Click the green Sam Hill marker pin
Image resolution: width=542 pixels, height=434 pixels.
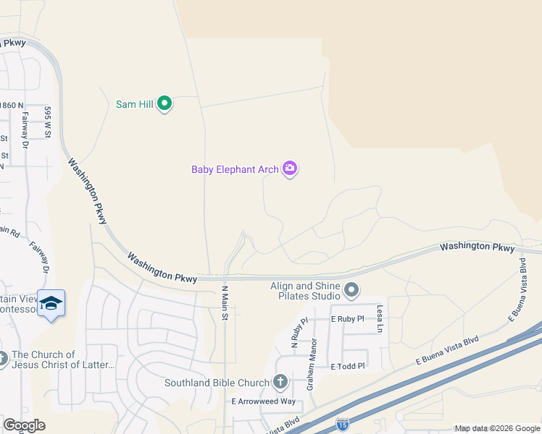(164, 104)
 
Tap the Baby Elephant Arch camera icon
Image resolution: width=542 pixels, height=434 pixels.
(290, 169)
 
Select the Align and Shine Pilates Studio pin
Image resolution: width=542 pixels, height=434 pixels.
(351, 290)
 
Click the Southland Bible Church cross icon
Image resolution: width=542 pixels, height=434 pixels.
(280, 382)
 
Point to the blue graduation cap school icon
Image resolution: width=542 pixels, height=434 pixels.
(51, 304)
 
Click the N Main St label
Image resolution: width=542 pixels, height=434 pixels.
(225, 302)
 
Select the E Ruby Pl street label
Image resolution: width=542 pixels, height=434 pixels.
(346, 319)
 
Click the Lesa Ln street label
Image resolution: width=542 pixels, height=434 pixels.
(379, 318)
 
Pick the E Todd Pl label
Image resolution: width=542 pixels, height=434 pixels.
(347, 367)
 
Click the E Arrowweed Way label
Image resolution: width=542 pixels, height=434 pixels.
(263, 401)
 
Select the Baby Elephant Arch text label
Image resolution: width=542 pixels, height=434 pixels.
(235, 169)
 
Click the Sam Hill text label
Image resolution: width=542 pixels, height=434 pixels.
(135, 104)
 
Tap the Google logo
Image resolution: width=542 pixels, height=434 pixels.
(24, 425)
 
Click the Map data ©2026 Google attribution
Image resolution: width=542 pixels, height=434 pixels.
(497, 428)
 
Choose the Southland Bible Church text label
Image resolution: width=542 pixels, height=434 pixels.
(217, 383)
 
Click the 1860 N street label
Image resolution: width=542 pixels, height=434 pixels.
(12, 106)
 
